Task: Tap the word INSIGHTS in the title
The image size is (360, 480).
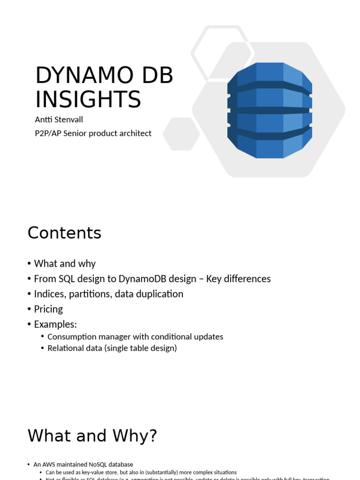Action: (x=88, y=99)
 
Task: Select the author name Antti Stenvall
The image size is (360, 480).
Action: (x=59, y=120)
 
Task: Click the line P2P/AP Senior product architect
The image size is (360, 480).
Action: (x=93, y=134)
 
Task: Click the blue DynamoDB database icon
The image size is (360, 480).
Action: (x=270, y=111)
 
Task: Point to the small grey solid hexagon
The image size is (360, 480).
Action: (x=181, y=134)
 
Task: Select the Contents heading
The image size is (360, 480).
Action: (x=64, y=233)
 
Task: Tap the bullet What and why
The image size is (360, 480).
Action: (x=65, y=263)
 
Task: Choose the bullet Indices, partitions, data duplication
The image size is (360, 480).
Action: (x=108, y=294)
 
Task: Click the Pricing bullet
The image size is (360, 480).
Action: (x=48, y=309)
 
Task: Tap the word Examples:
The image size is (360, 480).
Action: (x=55, y=324)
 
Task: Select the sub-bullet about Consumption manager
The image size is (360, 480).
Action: (x=135, y=337)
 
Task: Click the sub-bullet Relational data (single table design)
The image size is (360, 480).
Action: (x=112, y=348)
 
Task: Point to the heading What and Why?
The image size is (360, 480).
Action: (x=92, y=436)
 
